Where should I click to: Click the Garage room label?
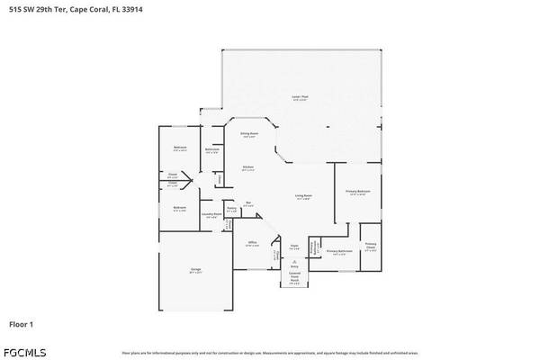[x=195, y=269]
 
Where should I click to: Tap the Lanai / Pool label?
[x=299, y=96]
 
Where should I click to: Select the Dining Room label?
[x=249, y=134]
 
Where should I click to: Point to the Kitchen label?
[x=248, y=167]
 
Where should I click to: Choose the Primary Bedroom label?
[x=357, y=192]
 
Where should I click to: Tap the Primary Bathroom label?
[x=337, y=251]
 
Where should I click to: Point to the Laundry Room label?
[x=211, y=213]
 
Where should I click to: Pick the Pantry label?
[x=231, y=208]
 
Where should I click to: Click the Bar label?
[x=248, y=202]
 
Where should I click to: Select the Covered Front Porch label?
[x=294, y=277]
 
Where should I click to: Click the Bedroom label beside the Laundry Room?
[x=179, y=208]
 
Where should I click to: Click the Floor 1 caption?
[x=22, y=323]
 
